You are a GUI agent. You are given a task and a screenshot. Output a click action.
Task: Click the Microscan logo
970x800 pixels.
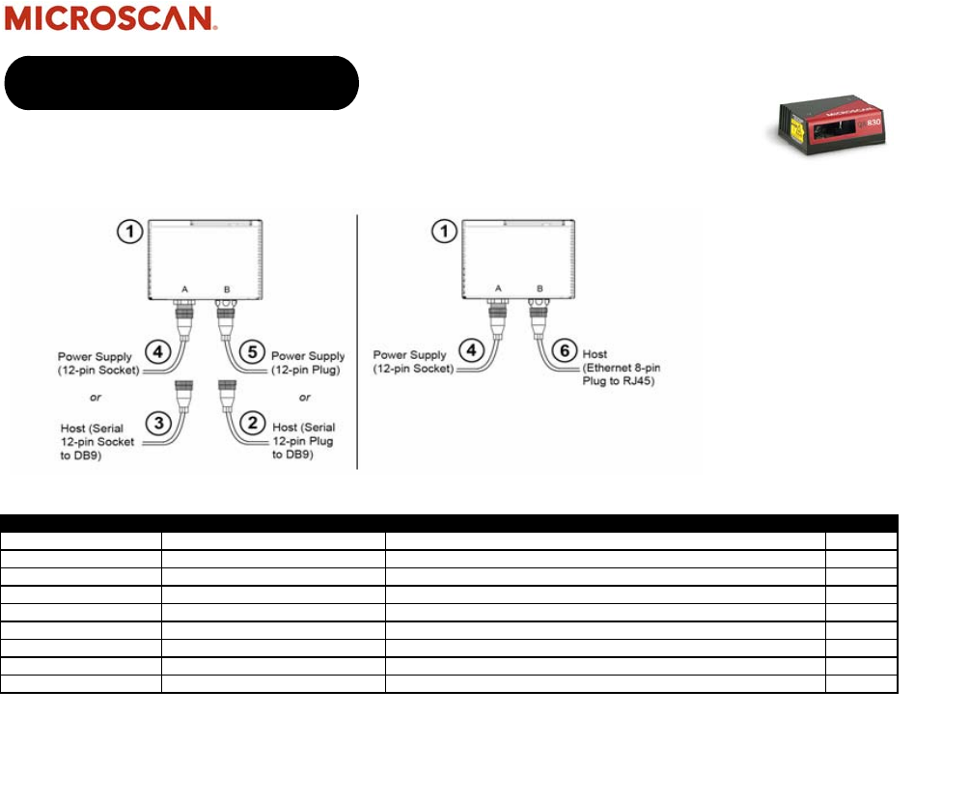(110, 19)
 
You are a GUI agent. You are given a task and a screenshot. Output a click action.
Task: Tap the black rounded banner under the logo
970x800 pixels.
(181, 83)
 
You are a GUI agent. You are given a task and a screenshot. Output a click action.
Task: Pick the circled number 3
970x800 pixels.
(158, 421)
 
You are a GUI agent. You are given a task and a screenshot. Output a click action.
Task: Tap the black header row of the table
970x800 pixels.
(450, 521)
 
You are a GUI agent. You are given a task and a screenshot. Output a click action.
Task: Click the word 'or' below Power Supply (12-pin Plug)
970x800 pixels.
(305, 397)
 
